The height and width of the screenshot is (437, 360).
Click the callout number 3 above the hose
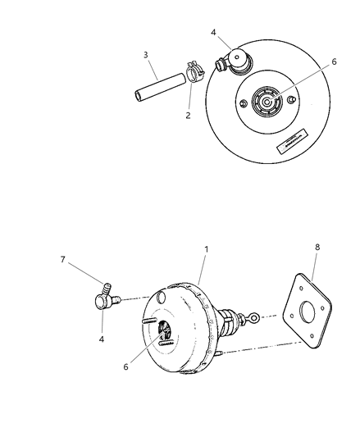pos(146,55)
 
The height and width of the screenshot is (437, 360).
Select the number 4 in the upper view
pos(213,34)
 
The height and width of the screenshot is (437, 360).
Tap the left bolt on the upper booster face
pos(244,103)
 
